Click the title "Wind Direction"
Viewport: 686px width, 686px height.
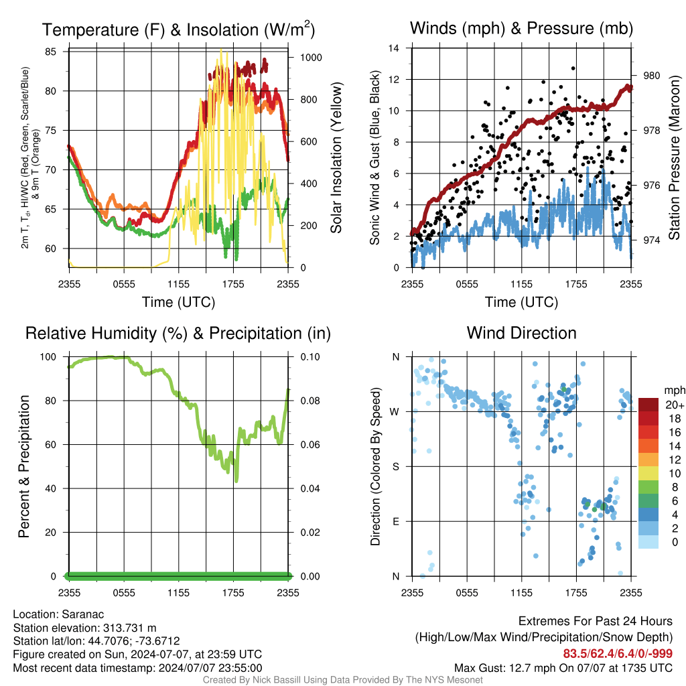point(521,333)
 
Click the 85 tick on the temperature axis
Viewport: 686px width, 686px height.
point(50,52)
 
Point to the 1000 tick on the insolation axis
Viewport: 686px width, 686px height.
point(311,58)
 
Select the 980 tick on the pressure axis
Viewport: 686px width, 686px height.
point(651,76)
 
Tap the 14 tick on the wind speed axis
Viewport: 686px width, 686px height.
point(394,48)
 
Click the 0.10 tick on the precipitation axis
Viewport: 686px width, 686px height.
point(310,357)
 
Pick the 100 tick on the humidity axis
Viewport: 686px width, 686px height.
point(48,357)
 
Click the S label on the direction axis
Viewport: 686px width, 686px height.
point(395,467)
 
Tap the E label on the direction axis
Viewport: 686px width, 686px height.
point(395,521)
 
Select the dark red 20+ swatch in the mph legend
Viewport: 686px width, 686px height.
point(648,405)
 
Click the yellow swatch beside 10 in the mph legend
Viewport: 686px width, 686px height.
point(648,474)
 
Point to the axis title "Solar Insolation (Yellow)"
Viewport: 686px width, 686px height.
point(336,157)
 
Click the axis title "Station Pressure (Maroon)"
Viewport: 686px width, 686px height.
point(674,157)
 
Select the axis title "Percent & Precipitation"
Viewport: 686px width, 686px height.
point(23,466)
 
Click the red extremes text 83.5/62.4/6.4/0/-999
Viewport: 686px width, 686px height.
point(618,654)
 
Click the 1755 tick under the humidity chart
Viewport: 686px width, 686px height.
point(233,593)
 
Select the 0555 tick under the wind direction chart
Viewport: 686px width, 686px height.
point(467,593)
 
